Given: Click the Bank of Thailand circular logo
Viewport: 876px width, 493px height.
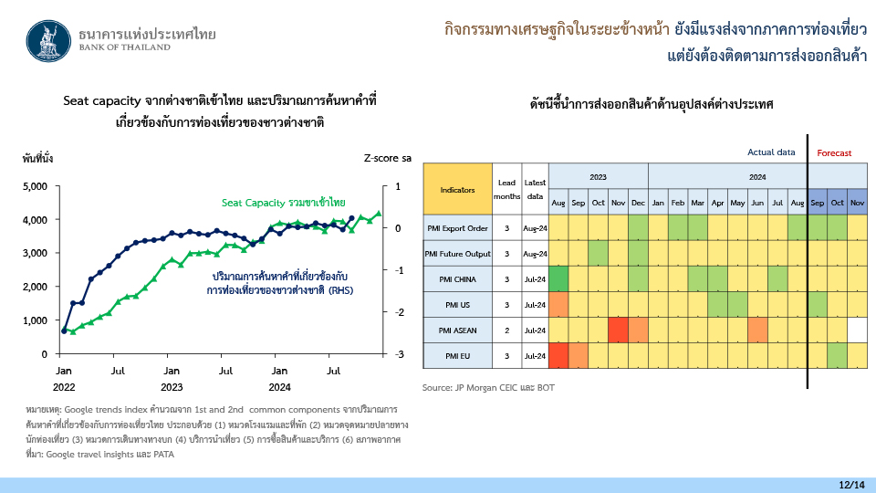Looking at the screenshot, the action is [48, 41].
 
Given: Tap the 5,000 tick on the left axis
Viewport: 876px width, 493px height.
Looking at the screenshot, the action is [35, 186].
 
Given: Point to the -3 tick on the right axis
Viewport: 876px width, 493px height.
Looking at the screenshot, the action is [399, 354].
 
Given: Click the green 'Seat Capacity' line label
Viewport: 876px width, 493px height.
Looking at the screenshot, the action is [283, 203].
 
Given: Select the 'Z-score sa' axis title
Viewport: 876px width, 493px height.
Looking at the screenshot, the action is [387, 158].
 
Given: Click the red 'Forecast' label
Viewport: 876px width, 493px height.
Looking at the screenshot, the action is [834, 152].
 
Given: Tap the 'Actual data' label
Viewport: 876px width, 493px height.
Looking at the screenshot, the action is [771, 152].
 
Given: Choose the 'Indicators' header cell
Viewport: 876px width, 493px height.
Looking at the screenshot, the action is [457, 190].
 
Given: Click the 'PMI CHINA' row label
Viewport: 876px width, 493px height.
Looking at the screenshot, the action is [457, 279].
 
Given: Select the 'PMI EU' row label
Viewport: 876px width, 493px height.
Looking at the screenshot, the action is [457, 356].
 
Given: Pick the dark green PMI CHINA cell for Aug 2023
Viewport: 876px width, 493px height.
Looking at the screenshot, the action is [558, 279].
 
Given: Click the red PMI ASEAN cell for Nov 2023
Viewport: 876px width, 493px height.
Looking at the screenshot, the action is [618, 330].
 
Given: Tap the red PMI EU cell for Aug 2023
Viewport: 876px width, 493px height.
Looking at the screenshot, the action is [558, 356].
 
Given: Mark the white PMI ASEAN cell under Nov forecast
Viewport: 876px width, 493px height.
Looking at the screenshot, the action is [857, 330].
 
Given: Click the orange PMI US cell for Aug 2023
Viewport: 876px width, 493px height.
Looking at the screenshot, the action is [558, 305].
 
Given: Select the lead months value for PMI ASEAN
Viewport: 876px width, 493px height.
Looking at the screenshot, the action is [506, 330].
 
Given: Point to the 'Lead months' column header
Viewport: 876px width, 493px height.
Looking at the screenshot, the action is [506, 190].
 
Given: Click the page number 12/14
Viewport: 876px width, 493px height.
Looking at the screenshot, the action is [851, 485].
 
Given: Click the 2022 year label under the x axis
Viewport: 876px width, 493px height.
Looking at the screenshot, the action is [64, 387].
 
